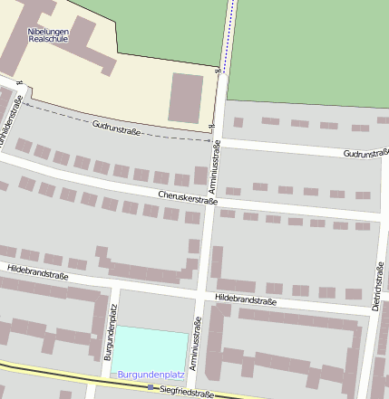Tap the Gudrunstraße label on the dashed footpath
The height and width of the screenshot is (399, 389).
pyautogui.click(x=115, y=127)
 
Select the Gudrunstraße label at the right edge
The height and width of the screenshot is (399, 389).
pyautogui.click(x=365, y=154)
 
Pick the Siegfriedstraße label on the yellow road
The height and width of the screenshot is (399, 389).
pyautogui.click(x=188, y=394)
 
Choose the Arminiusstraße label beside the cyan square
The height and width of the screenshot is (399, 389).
pyautogui.click(x=197, y=345)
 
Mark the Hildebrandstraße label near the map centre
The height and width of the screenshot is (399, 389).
pyautogui.click(x=246, y=298)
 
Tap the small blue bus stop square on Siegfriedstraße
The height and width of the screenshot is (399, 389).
pyautogui.click(x=151, y=387)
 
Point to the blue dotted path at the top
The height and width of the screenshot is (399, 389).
pyautogui.click(x=227, y=32)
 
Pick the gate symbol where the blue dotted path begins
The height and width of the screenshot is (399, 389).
pyautogui.click(x=219, y=70)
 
